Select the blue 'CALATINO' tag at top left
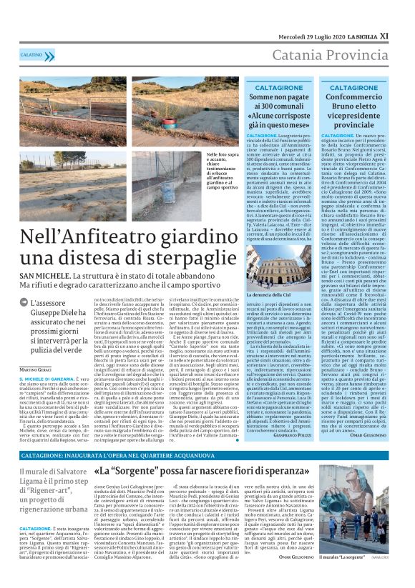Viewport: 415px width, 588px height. tap(31, 54)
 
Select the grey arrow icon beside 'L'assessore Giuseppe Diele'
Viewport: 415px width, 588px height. tap(24, 304)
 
